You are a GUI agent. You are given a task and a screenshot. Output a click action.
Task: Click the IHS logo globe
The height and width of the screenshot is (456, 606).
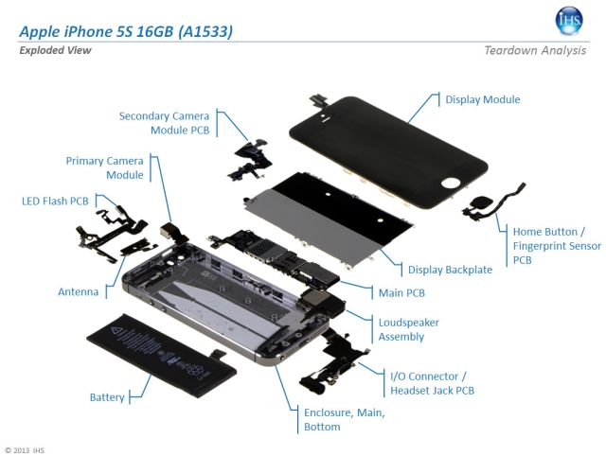pos(569,21)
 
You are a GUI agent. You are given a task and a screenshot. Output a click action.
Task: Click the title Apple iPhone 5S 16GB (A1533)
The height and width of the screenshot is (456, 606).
pos(126,31)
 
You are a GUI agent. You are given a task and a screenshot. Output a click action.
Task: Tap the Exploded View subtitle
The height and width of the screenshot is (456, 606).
pos(55,50)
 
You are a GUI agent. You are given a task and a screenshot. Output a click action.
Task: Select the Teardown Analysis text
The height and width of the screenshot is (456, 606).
pos(535,50)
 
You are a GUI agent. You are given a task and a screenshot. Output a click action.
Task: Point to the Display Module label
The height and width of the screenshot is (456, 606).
pos(483,99)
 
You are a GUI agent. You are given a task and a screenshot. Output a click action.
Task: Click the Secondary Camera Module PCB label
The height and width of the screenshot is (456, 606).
pos(164,123)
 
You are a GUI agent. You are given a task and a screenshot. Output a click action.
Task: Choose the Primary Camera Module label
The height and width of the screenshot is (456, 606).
pos(105,168)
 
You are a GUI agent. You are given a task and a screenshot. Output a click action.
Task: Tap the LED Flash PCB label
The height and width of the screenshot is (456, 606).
pos(55,202)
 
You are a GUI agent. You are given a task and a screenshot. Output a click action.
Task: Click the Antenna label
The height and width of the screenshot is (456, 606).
pos(78,292)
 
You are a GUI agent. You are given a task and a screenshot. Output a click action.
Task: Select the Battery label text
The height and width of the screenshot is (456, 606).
pos(107,397)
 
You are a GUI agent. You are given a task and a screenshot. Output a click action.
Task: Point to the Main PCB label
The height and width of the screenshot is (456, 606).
pos(401,293)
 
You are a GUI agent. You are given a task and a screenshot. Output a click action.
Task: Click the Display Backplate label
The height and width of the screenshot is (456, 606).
pos(451,270)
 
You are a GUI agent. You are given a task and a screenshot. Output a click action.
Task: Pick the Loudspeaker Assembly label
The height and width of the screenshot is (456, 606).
pos(408,330)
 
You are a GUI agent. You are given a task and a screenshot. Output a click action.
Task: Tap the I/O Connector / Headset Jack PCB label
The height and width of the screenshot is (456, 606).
pos(432,383)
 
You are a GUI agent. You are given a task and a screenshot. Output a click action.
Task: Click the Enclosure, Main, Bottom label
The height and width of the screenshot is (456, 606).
pos(345,420)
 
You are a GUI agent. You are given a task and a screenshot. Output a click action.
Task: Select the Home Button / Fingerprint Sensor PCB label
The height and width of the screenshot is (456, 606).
pos(557,246)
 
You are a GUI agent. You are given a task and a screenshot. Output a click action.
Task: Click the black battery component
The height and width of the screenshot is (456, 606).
pos(162,356)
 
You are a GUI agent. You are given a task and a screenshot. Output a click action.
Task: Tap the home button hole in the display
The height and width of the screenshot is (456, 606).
pos(450,183)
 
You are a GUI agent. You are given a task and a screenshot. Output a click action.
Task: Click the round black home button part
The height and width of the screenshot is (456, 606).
pos(479,202)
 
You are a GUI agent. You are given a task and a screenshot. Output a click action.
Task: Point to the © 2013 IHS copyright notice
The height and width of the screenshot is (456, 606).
pos(25,450)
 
